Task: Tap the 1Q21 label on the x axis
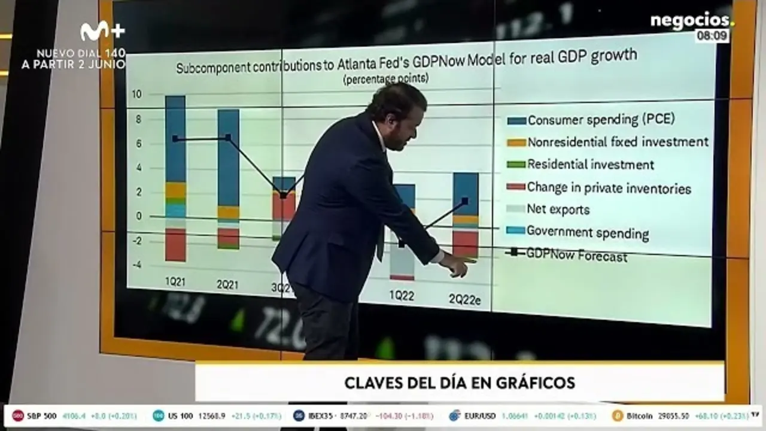point(175,281)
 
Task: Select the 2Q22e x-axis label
point(464,299)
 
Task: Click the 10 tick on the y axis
point(137,95)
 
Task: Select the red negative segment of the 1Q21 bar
point(175,244)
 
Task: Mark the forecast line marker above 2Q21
point(228,138)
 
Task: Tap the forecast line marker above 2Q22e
point(465,201)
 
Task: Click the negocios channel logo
point(691,21)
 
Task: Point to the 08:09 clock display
point(713,37)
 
